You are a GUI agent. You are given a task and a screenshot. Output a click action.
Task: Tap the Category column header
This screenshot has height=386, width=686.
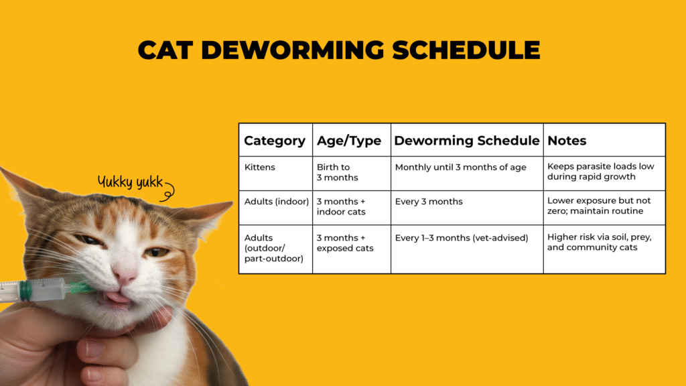pos(275,141)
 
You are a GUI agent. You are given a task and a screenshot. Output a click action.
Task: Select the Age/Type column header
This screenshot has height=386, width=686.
pos(348,141)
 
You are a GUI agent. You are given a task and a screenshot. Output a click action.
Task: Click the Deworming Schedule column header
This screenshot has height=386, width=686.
pos(466,141)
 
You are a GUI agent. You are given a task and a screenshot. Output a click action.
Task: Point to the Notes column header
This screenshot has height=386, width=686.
pos(567,141)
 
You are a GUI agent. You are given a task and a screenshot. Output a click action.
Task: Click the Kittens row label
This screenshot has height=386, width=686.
pos(259,167)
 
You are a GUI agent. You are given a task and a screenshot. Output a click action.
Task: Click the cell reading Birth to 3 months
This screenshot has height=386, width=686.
pos(338,172)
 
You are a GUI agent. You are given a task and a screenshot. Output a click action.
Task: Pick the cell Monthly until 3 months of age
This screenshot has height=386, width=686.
pos(461,167)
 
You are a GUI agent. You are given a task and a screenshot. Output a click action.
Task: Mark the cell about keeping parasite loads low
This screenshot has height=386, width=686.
pos(600,172)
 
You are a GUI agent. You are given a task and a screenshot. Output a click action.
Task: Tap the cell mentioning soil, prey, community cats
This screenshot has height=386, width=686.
pos(599,242)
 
